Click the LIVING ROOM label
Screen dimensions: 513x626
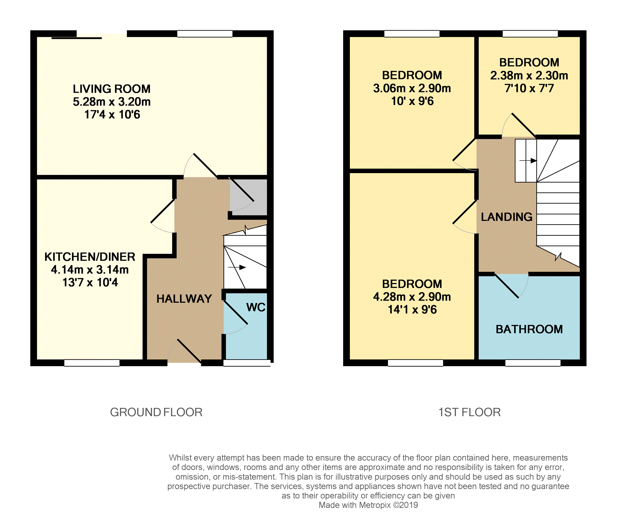tap(112, 89)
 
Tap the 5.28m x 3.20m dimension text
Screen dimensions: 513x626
tap(112, 102)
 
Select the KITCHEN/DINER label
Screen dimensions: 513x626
tap(90, 257)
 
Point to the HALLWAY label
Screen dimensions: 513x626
tap(184, 299)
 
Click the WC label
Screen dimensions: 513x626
tap(256, 307)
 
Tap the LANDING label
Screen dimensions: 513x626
tap(507, 217)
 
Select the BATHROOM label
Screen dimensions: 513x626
tap(529, 329)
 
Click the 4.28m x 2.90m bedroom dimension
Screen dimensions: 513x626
tap(412, 297)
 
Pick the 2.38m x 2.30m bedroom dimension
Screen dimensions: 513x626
tap(529, 75)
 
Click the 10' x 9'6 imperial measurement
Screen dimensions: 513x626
tap(412, 101)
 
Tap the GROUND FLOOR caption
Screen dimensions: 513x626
tap(156, 412)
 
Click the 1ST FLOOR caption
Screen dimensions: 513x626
tap(469, 412)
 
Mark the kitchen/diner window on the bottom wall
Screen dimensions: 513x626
tap(92, 363)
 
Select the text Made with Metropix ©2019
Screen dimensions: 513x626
tap(368, 505)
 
